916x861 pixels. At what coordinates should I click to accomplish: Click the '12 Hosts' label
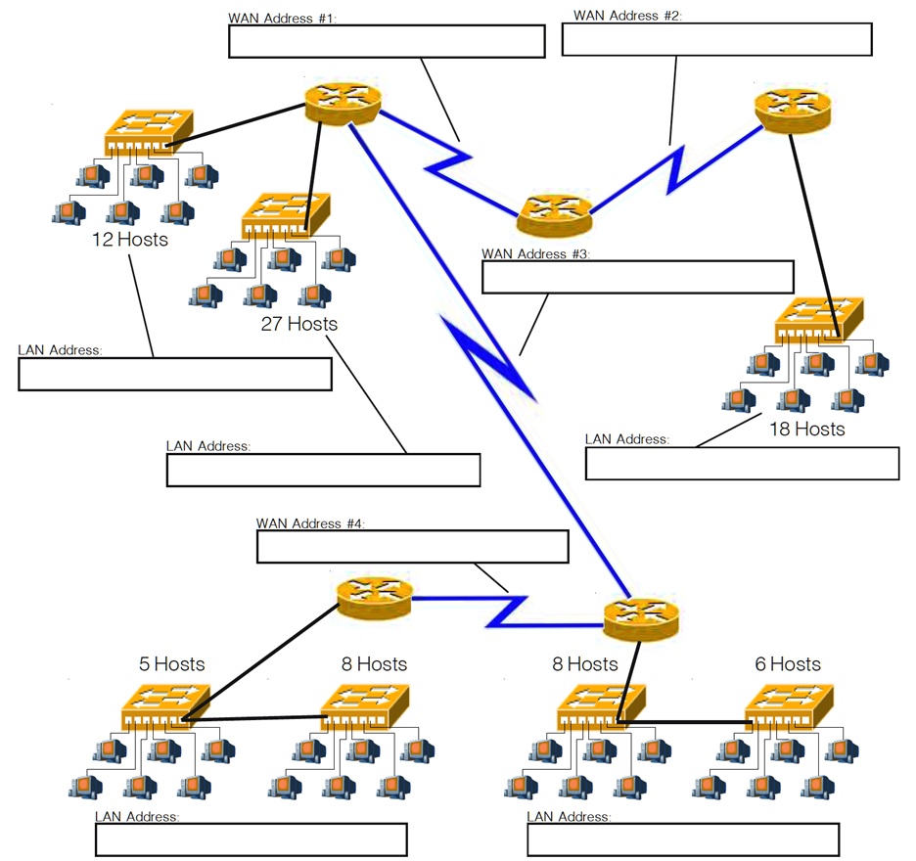point(128,239)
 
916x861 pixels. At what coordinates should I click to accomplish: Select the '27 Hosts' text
point(298,323)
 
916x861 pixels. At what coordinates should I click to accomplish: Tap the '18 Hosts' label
point(805,428)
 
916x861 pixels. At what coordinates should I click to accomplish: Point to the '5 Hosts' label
point(171,664)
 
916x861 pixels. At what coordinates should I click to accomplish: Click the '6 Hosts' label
point(788,664)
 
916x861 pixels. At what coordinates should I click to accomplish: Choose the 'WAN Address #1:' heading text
point(282,19)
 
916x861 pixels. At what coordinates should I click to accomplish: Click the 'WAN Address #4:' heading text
point(309,524)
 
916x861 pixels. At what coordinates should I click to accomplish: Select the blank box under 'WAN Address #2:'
point(716,39)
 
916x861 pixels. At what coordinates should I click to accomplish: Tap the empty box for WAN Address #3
point(637,277)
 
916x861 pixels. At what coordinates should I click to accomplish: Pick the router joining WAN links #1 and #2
point(555,215)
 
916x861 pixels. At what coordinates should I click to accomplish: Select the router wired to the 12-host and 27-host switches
point(342,102)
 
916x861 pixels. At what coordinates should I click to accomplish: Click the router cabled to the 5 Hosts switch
point(375,598)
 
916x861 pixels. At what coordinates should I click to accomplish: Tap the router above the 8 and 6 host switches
point(641,618)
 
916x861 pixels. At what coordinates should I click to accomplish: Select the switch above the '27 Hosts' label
point(284,216)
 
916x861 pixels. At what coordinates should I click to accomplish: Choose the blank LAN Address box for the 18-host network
point(742,464)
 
